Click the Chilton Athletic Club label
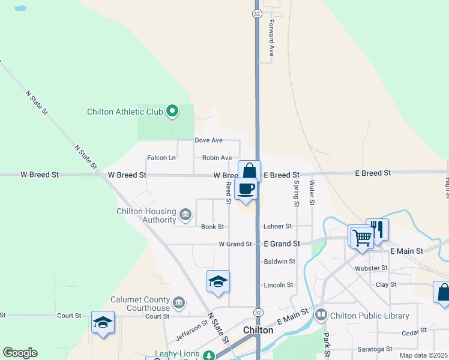(x=125, y=111)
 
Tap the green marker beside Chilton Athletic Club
(x=172, y=110)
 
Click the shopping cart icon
(x=361, y=237)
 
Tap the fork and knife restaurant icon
(x=378, y=229)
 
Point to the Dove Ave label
(x=208, y=140)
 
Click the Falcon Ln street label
(x=161, y=158)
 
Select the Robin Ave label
(x=217, y=158)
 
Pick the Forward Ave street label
(x=271, y=38)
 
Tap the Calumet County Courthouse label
(x=141, y=304)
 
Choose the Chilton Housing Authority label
(x=146, y=215)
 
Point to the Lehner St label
(x=277, y=226)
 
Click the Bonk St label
(x=212, y=227)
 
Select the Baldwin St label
(x=280, y=262)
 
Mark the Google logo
(x=20, y=353)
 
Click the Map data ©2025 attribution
(x=423, y=355)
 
